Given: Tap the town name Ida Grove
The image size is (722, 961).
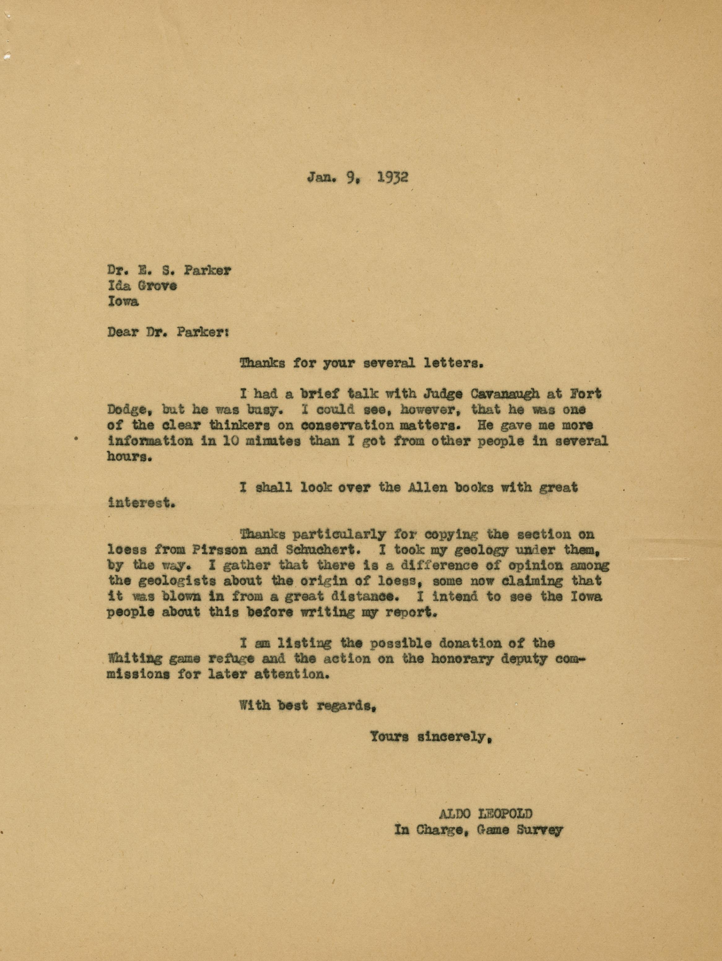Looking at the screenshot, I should pyautogui.click(x=142, y=286).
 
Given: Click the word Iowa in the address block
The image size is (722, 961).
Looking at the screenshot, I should pyautogui.click(x=123, y=301).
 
